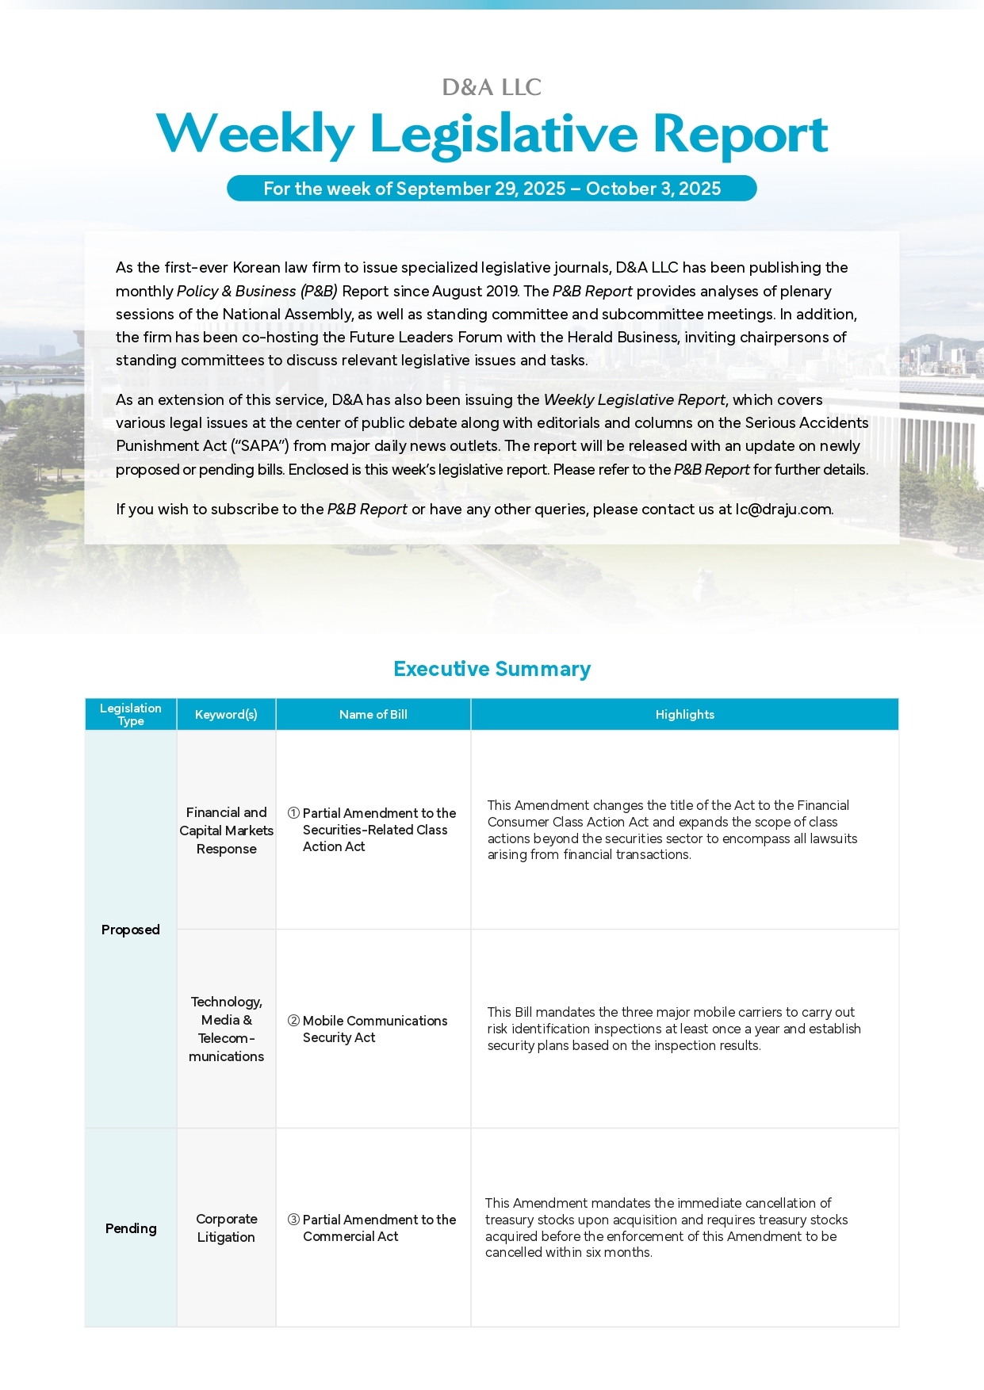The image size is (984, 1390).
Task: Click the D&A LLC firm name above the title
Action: click(x=492, y=87)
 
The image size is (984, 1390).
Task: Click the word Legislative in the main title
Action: click(x=503, y=134)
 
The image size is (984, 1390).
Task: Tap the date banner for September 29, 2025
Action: click(x=492, y=189)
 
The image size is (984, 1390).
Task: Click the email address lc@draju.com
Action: click(x=783, y=510)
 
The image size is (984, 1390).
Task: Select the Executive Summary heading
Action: click(x=492, y=669)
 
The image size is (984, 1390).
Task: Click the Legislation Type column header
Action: click(x=131, y=714)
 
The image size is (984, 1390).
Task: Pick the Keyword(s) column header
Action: click(x=226, y=715)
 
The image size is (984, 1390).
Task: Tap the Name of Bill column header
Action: click(x=373, y=715)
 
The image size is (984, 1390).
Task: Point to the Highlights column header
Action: click(x=684, y=715)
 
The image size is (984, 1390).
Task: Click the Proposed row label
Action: click(x=131, y=930)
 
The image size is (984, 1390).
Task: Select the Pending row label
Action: click(x=131, y=1228)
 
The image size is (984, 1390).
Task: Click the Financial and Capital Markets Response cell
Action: click(x=226, y=831)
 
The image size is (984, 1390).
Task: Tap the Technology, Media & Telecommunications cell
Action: click(x=226, y=1029)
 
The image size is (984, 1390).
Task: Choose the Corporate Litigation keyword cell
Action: click(x=226, y=1228)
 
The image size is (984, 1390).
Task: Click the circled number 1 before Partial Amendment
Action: click(x=293, y=813)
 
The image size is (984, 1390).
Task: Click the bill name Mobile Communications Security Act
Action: click(x=374, y=1029)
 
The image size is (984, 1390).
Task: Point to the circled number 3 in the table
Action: click(x=293, y=1220)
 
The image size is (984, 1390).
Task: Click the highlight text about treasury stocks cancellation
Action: click(x=666, y=1228)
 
